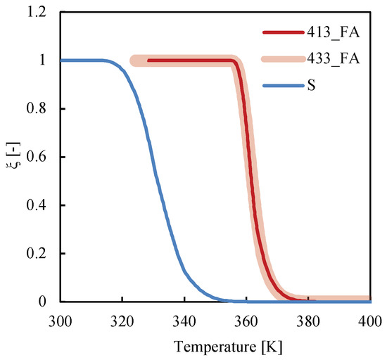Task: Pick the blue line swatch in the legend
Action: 281,86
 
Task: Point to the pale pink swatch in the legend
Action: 281,59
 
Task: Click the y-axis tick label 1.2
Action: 41,13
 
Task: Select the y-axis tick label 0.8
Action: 41,109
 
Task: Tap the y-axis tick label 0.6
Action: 41,157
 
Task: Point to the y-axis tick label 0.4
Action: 41,205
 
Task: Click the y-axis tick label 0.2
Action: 41,254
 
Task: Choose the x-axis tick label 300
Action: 61,319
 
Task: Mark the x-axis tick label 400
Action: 369,319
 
